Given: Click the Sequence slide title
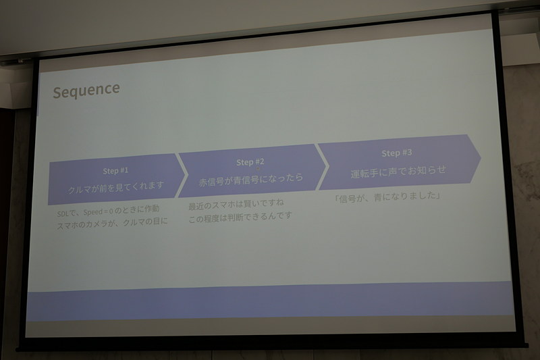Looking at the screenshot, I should (x=86, y=89).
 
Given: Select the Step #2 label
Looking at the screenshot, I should (x=250, y=162).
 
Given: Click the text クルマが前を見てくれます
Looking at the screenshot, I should (x=117, y=186).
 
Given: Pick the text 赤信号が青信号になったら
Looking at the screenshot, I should (x=251, y=179).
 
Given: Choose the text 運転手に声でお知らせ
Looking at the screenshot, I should (x=398, y=170).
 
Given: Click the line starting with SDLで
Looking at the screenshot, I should (x=108, y=214).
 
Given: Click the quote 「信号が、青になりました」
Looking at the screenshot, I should (x=388, y=197).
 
